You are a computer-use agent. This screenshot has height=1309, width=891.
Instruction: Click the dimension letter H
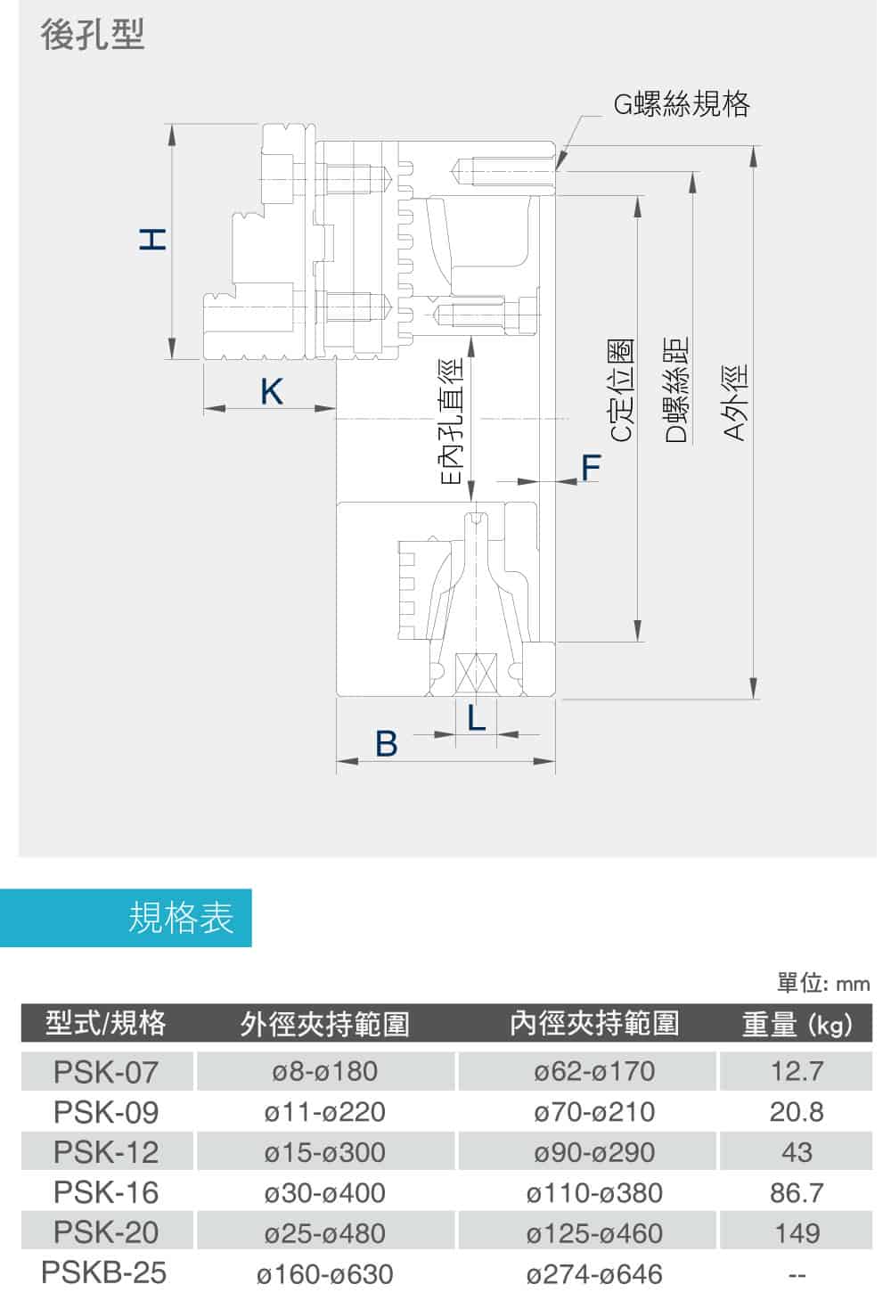pos(153,240)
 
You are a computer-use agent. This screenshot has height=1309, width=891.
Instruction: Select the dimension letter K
pos(271,391)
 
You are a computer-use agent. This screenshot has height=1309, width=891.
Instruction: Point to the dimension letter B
pos(386,743)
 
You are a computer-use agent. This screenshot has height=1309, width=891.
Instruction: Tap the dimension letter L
pos(478,717)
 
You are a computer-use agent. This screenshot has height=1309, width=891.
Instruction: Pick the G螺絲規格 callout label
pos(682,104)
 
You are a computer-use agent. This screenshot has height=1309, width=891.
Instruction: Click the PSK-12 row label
pos(106,1152)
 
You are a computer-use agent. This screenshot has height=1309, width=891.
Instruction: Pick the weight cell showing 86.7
pos(797,1192)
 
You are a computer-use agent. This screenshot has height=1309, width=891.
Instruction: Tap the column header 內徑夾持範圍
pos(594,1023)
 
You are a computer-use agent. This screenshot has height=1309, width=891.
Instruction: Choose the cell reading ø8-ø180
pos(325,1071)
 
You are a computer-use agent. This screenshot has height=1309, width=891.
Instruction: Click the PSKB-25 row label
pos(104,1272)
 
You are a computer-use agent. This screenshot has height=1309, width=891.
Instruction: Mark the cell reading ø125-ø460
pos(594,1233)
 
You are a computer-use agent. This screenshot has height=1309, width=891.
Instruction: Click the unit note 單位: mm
pos(822,983)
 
